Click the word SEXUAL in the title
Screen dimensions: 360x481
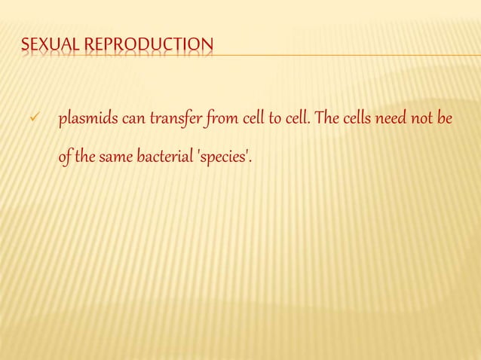(50, 47)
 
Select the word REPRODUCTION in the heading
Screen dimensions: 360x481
(148, 47)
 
